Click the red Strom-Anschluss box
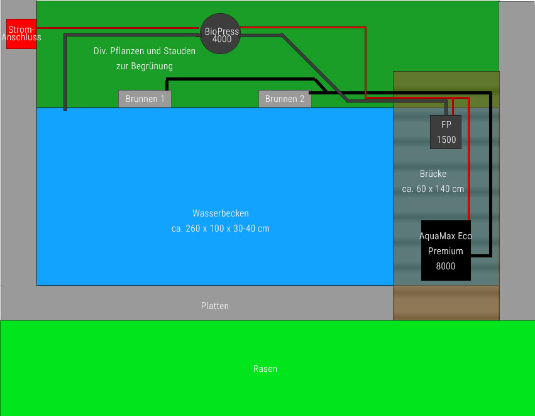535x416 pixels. coord(21,33)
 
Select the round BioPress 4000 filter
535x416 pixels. coord(221,33)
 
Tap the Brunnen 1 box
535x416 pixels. coord(145,99)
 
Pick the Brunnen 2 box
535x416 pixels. coord(285,99)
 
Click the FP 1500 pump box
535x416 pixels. coord(446,132)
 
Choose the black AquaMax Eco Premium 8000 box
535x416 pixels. coord(446,250)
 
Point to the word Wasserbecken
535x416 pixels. coord(220,213)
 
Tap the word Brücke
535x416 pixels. coord(433,174)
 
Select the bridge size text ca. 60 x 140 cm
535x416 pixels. coord(433,189)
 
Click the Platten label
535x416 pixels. coord(215,306)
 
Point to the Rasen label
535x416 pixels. coord(265,369)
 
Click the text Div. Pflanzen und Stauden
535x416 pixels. coord(144,51)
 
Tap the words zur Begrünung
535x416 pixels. coord(144,66)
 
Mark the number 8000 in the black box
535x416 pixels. coord(446,266)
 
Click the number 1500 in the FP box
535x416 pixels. coord(446,140)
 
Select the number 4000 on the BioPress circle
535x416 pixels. coord(221,39)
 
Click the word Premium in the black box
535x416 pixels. coord(446,251)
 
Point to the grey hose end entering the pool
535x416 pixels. coord(65,109)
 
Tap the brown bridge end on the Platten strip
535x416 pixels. coord(446,303)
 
